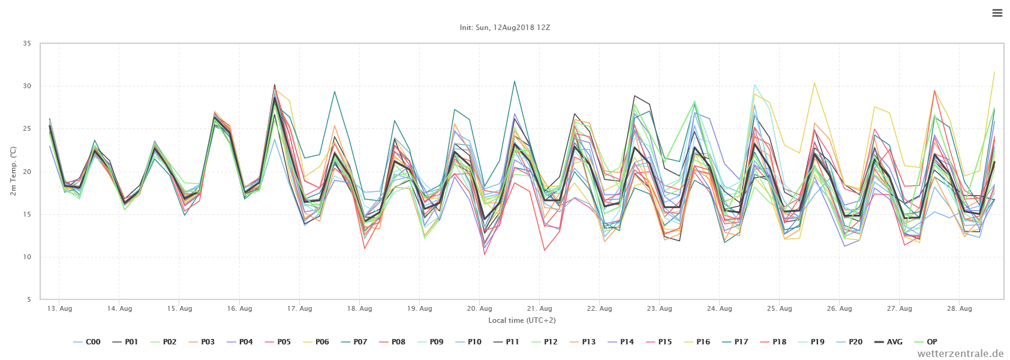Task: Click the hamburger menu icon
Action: click(x=997, y=13)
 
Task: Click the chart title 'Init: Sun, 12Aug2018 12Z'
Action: click(x=504, y=28)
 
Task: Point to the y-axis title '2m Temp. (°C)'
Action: click(x=13, y=172)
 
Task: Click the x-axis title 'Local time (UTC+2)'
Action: click(x=522, y=320)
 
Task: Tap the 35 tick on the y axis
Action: click(x=26, y=43)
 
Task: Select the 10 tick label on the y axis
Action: click(x=26, y=257)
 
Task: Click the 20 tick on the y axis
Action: click(x=26, y=172)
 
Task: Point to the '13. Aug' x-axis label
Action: click(x=59, y=308)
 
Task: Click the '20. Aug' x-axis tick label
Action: click(x=479, y=308)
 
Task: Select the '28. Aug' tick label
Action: click(x=959, y=308)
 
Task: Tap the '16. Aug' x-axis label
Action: click(x=239, y=308)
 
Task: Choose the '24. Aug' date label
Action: click(x=719, y=308)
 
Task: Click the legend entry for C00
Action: click(x=86, y=342)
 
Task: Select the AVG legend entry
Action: click(x=888, y=342)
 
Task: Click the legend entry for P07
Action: click(x=353, y=342)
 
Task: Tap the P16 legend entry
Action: click(x=696, y=342)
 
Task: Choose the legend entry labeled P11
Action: click(x=506, y=342)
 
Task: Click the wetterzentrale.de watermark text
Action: click(x=960, y=353)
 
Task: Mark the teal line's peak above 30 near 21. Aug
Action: click(x=515, y=81)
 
